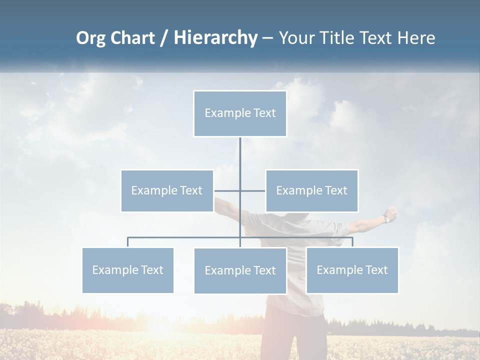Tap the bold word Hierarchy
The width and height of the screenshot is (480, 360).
pos(215,38)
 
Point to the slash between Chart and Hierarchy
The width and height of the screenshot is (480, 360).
pos(164,38)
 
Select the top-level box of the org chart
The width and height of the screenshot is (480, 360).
pos(240,113)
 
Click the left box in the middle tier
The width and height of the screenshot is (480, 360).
pos(167,190)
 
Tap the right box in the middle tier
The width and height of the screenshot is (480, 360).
pos(312,190)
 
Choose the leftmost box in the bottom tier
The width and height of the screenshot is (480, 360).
pos(128,270)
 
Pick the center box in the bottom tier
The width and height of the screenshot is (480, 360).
pos(240,270)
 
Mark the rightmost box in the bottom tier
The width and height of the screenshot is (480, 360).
pos(352,270)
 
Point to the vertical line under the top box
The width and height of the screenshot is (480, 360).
pos(240,155)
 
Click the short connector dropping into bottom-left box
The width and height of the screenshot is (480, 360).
pos(128,242)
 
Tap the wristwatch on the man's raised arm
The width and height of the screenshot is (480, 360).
pos(386,218)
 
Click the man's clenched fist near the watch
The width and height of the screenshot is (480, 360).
pos(392,213)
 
